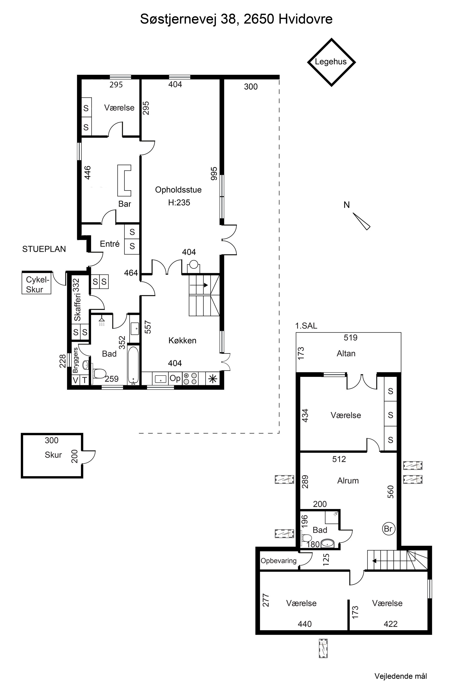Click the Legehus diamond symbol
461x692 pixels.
point(331,39)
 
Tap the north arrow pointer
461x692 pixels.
point(361,221)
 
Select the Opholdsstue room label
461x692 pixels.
point(178,190)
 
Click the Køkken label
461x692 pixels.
point(182,340)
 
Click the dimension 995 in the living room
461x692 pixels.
point(214,174)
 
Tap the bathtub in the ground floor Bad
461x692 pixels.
point(133,365)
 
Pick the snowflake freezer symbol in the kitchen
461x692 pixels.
point(213,379)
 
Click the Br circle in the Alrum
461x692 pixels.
point(388,529)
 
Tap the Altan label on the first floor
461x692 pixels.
point(346,353)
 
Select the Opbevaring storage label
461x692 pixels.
point(278,561)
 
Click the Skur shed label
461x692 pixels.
point(53,455)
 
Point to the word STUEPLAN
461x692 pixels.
point(44,249)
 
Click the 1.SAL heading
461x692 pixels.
point(306,326)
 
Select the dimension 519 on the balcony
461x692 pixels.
point(350,337)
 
